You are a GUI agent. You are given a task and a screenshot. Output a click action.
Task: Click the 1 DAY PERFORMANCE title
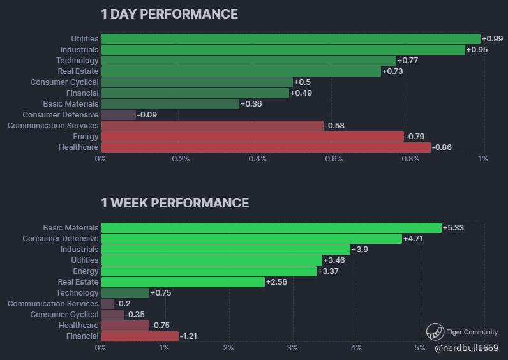[x=169, y=14]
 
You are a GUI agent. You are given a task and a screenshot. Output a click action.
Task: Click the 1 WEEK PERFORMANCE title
[x=175, y=203]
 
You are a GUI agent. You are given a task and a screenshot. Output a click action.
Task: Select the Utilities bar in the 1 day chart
[x=290, y=39]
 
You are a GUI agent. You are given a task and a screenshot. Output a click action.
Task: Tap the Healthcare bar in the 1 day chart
[x=265, y=147]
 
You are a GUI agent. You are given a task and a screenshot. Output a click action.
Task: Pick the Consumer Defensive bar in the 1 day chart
[x=119, y=115]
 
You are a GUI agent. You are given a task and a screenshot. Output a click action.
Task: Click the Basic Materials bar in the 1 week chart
[x=271, y=228]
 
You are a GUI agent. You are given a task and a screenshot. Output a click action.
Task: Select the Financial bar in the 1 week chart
[x=140, y=336]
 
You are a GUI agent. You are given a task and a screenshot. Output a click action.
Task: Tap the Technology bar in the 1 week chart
[x=125, y=293]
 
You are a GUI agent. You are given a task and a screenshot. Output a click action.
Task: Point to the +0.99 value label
[x=493, y=39]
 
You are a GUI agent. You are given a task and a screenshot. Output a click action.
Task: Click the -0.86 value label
[x=442, y=147]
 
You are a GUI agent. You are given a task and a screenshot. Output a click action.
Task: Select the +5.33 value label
[x=453, y=228]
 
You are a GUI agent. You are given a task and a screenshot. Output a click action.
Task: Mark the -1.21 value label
[x=190, y=336]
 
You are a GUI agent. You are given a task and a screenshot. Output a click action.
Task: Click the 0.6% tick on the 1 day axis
[x=334, y=159]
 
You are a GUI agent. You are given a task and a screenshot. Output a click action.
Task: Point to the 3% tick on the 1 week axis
[x=292, y=348]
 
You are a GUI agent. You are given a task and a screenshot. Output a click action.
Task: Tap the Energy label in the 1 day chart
[x=86, y=137]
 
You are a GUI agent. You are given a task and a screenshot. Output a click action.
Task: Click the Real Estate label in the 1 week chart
[x=78, y=282]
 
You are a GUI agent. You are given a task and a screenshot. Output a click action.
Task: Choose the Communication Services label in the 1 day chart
[x=53, y=126]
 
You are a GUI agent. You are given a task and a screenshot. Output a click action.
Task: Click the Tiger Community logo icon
[x=435, y=332]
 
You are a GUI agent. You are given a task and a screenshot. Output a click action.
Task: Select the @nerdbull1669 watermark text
[x=466, y=348]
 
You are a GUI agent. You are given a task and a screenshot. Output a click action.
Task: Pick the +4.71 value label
[x=414, y=239]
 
